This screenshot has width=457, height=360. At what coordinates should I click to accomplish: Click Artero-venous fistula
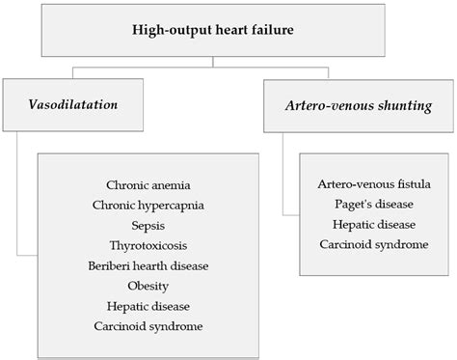(374, 183)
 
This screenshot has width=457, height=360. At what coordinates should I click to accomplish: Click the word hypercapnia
(180, 205)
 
